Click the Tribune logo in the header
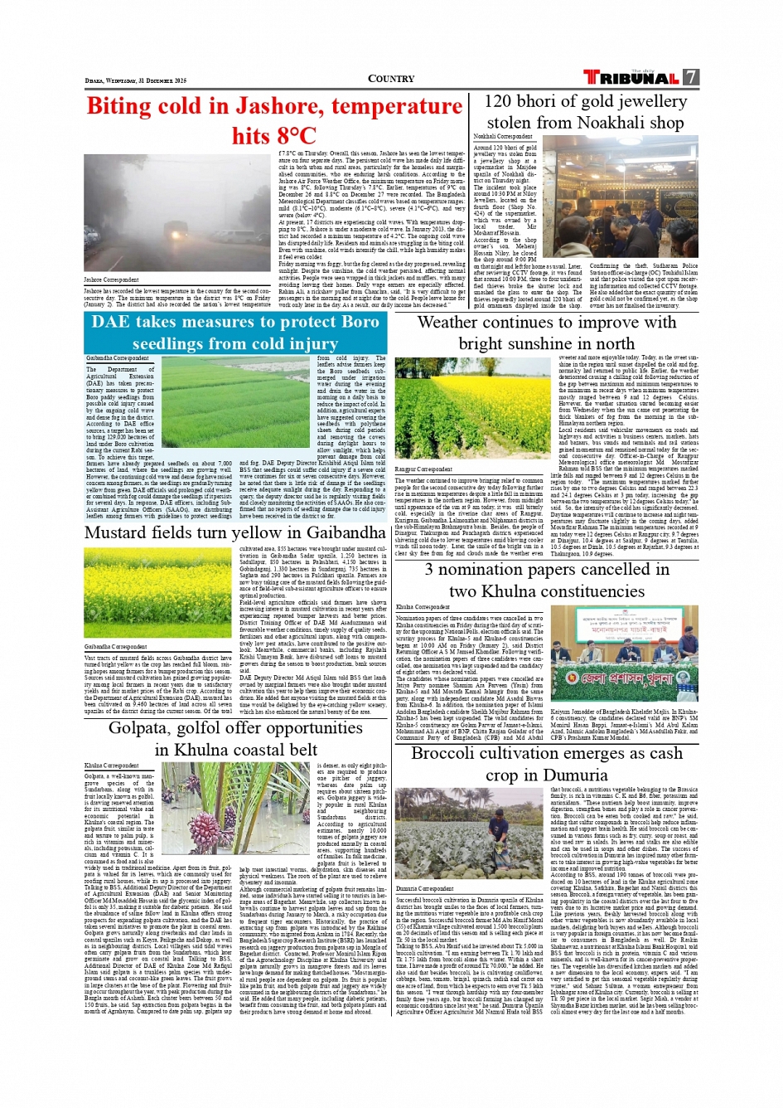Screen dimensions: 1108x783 [x=631, y=78]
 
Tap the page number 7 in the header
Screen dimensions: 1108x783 [x=690, y=77]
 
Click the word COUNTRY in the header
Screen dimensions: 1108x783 [x=391, y=79]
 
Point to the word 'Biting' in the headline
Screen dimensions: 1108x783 [x=130, y=106]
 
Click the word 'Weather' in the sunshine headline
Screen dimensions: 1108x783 [x=452, y=323]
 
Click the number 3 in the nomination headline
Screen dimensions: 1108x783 [x=430, y=570]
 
